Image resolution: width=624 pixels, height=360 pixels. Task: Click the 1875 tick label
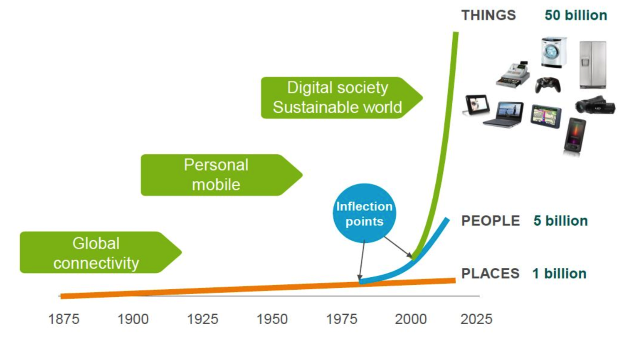pyautogui.click(x=64, y=319)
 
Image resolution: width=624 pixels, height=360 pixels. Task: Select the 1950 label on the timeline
pyautogui.click(x=272, y=319)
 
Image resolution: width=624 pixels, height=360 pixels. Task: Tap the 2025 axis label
pyautogui.click(x=476, y=319)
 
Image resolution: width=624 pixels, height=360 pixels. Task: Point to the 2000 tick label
pyautogui.click(x=411, y=319)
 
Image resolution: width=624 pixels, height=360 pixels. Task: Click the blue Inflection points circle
pyautogui.click(x=364, y=213)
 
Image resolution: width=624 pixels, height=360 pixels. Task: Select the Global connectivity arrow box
pyautogui.click(x=101, y=252)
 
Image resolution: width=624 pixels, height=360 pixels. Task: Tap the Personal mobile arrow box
pyautogui.click(x=222, y=175)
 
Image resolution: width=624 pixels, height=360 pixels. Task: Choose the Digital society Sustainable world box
pyautogui.click(x=342, y=98)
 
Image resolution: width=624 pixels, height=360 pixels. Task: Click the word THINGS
pyautogui.click(x=488, y=15)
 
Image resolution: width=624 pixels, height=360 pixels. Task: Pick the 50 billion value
pyautogui.click(x=576, y=15)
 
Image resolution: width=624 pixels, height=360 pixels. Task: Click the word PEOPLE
pyautogui.click(x=491, y=221)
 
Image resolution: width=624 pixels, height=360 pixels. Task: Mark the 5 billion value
pyautogui.click(x=560, y=221)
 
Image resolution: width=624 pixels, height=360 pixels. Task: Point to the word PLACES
pyautogui.click(x=490, y=274)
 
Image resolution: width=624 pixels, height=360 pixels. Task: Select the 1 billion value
pyautogui.click(x=560, y=274)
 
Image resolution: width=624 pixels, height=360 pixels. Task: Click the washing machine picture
pyautogui.click(x=553, y=52)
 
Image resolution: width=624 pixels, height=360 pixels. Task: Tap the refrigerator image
pyautogui.click(x=593, y=65)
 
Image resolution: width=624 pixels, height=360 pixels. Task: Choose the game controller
pyautogui.click(x=548, y=85)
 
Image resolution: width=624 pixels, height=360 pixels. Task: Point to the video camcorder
pyautogui.click(x=595, y=105)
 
